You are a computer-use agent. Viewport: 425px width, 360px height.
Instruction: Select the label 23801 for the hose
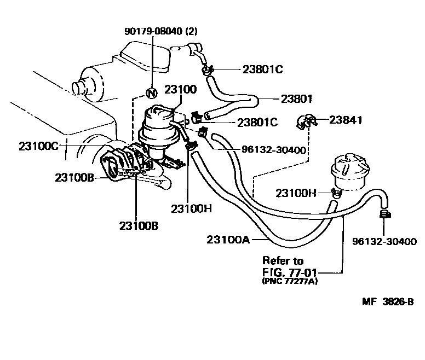296,99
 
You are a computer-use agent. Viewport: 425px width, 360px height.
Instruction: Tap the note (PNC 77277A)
290,281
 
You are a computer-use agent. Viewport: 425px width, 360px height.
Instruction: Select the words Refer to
283,260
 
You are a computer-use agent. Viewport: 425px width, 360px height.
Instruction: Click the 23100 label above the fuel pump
180,89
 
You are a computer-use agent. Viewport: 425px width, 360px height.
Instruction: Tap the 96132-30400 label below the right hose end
384,241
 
